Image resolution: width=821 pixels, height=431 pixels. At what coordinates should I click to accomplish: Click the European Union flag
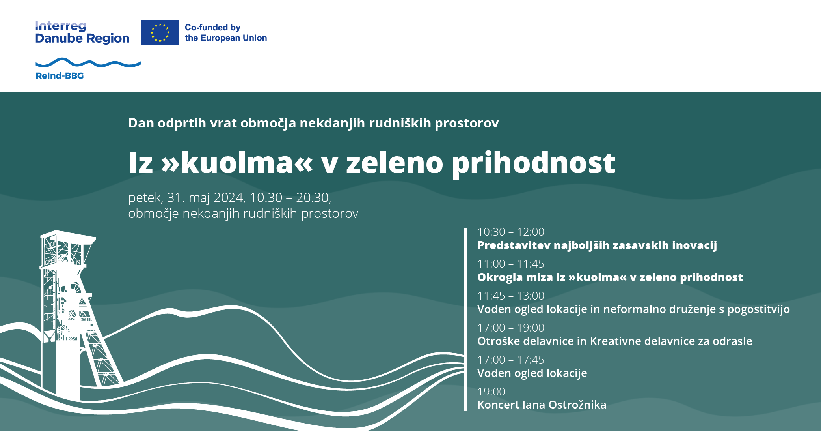[x=160, y=32]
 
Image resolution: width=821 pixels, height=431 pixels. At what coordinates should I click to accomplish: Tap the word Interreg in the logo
[x=60, y=26]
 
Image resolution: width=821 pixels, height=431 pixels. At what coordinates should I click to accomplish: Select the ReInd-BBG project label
[x=60, y=76]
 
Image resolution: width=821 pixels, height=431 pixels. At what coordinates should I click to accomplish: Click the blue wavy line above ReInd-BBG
[x=88, y=63]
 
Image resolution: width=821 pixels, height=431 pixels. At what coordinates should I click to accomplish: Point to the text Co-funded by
[x=212, y=28]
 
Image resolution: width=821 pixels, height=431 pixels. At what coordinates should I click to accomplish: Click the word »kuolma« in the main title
[x=237, y=163]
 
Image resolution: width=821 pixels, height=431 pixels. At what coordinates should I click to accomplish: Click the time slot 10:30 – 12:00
[x=511, y=232]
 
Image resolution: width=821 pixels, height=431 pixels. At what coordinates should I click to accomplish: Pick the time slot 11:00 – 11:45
[x=511, y=264]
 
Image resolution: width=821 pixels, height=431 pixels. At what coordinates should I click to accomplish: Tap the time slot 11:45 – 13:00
[x=511, y=296]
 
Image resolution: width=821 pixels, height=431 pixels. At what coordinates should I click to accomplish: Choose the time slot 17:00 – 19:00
[x=511, y=328]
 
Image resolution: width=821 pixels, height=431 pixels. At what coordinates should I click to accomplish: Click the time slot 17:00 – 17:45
[x=511, y=360]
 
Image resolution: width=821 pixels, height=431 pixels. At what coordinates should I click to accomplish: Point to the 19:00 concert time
[x=491, y=392]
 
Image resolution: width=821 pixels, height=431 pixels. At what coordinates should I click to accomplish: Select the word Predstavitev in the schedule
[x=514, y=245]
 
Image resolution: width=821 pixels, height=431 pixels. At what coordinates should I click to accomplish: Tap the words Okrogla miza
[x=515, y=277]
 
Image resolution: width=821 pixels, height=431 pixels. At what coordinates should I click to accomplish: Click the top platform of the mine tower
[x=68, y=235]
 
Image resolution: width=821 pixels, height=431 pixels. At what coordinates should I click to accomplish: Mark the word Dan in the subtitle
[x=141, y=123]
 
